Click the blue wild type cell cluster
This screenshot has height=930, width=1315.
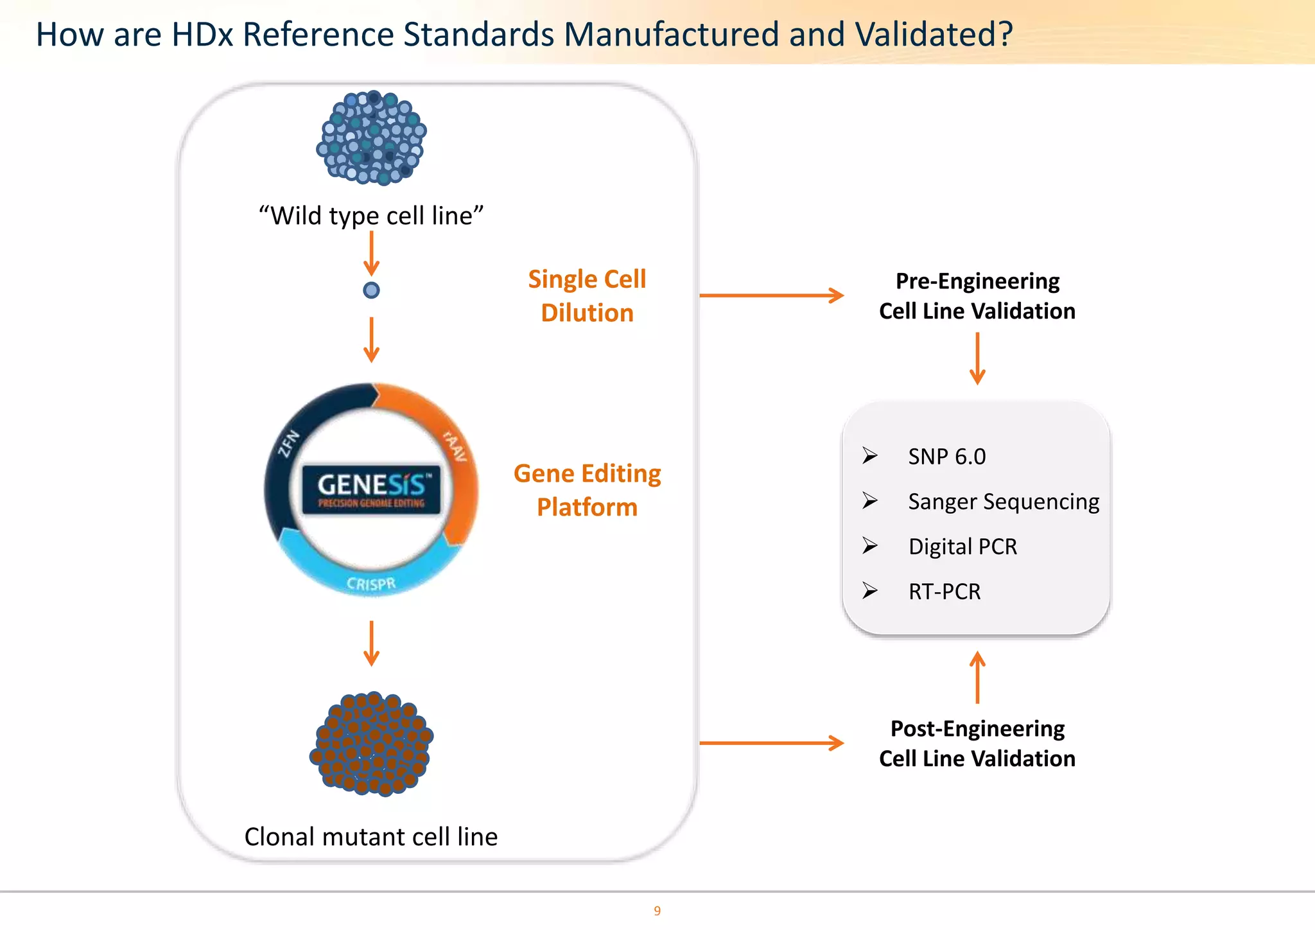pos(371,137)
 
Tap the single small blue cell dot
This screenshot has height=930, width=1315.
pos(371,290)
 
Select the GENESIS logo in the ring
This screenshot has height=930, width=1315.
pos(371,489)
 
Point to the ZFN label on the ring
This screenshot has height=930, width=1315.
pos(288,443)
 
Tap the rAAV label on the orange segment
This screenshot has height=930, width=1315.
pos(455,446)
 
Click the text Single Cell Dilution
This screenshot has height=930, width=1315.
pos(587,296)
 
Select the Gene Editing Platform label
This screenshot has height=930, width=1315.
pos(587,490)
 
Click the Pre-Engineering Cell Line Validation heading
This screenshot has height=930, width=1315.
pos(977,296)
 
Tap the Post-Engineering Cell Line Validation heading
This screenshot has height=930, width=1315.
pos(977,744)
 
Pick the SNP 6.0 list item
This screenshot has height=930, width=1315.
pos(946,457)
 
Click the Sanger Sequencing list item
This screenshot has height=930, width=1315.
pos(1003,502)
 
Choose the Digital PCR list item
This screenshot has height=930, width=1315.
pos(962,547)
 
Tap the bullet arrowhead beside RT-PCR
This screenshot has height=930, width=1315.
pos(870,590)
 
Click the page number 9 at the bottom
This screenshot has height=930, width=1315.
pos(657,911)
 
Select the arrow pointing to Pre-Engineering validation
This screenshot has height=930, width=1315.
pos(771,295)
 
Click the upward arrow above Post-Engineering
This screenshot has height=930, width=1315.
pos(977,678)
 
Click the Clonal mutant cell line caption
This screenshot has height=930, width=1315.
pos(371,837)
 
